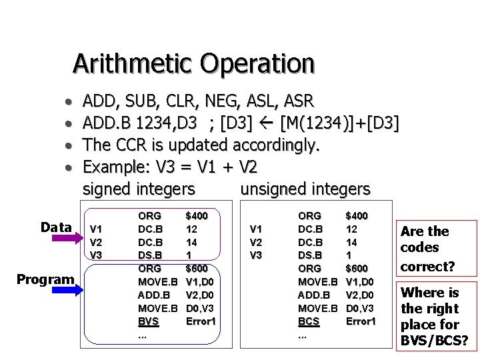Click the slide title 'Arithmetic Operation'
point(193,63)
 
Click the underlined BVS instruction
point(148,321)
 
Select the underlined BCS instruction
point(308,321)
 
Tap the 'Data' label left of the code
point(55,227)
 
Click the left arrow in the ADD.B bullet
point(270,123)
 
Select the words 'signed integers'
point(139,189)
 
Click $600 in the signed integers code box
point(197,268)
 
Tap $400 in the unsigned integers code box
point(357,216)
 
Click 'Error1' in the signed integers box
point(201,321)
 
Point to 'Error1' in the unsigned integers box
point(361,321)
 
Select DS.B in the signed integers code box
point(149,255)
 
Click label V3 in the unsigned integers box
point(255,254)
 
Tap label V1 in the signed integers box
point(96,229)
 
